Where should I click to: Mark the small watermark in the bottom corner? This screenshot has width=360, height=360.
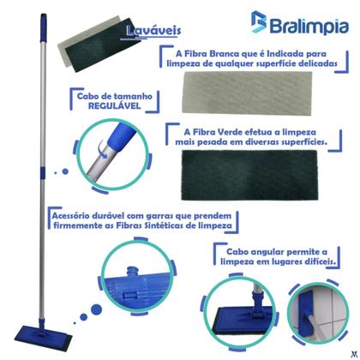coord(353,353)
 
